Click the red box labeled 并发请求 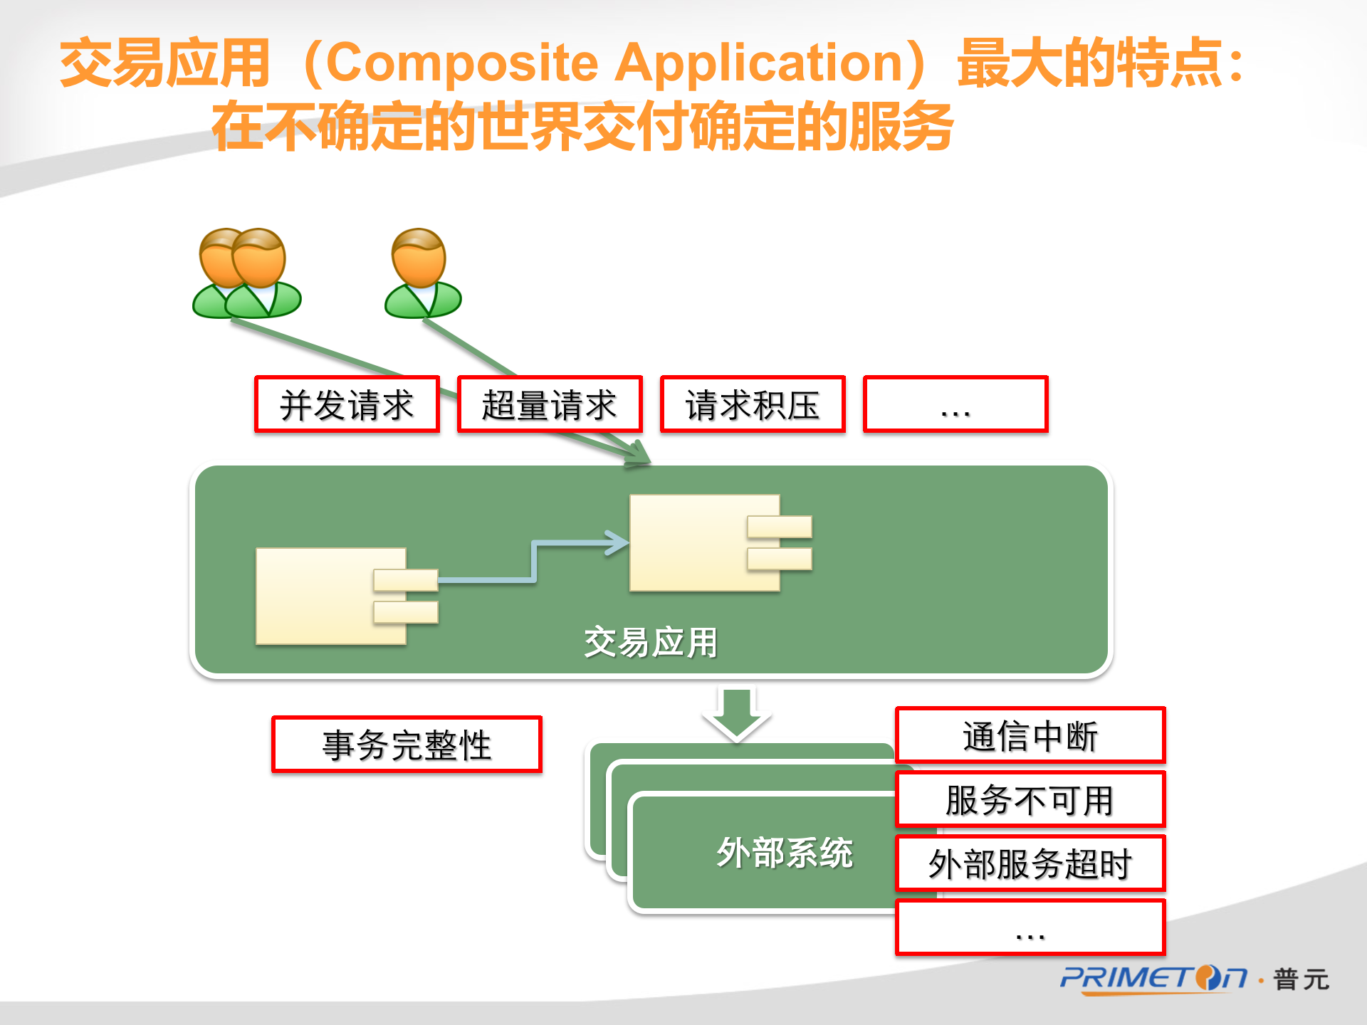pyautogui.click(x=347, y=404)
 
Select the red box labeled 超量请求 pyautogui.click(x=550, y=404)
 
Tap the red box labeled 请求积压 pyautogui.click(x=753, y=404)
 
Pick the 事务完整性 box pyautogui.click(x=407, y=745)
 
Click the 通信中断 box pyautogui.click(x=1030, y=735)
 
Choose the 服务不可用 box pyautogui.click(x=1030, y=799)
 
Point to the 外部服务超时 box pyautogui.click(x=1030, y=863)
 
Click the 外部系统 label pyautogui.click(x=785, y=853)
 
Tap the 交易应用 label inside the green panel pyautogui.click(x=651, y=643)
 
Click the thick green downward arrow pyautogui.click(x=737, y=714)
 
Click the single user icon pyautogui.click(x=423, y=273)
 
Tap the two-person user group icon pyautogui.click(x=247, y=273)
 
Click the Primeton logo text pyautogui.click(x=1153, y=979)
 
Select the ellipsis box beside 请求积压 pyautogui.click(x=955, y=404)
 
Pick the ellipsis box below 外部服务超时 pyautogui.click(x=1030, y=927)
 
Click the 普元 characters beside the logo pyautogui.click(x=1301, y=979)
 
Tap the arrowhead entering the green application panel pyautogui.click(x=637, y=453)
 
